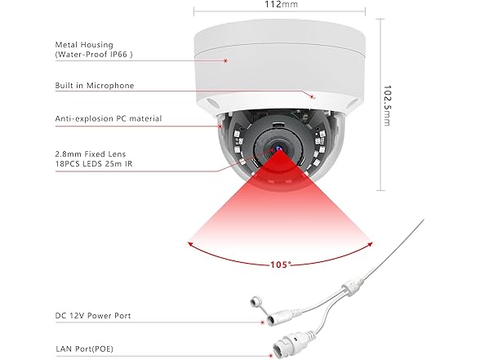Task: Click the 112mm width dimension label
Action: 281,4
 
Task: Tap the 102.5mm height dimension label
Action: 387,105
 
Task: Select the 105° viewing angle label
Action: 281,264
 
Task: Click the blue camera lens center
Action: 279,149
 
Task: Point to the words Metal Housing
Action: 84,45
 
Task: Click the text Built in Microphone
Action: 95,86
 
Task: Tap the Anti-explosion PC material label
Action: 109,118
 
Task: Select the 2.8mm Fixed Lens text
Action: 91,154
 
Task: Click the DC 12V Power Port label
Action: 93,316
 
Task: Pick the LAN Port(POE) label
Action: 85,349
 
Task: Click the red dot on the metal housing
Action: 225,61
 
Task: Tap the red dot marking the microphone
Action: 312,97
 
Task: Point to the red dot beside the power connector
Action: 262,322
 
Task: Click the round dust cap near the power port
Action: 255,302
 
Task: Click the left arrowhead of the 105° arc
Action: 189,244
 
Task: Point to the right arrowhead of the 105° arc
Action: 370,244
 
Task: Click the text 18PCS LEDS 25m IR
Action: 94,164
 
